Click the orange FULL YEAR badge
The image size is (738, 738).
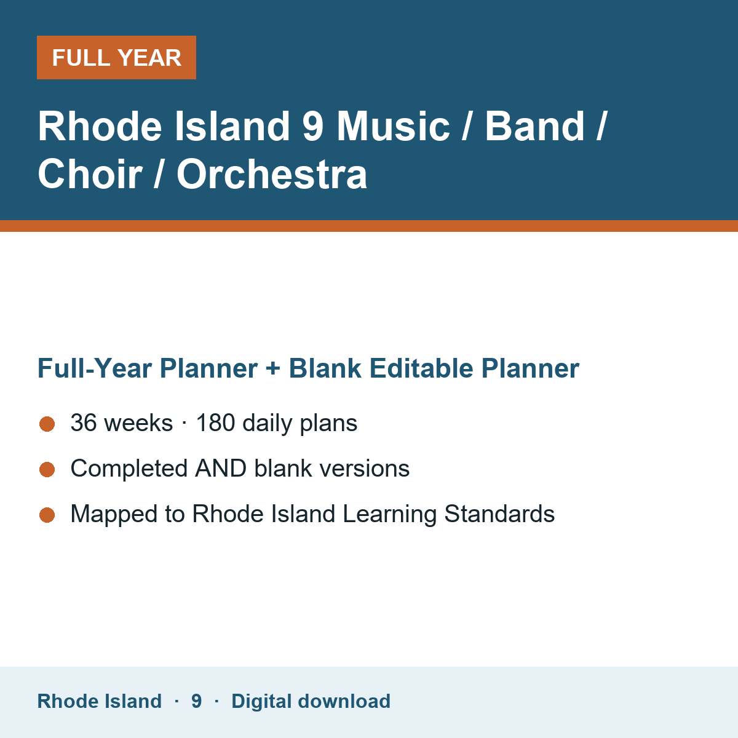click(116, 57)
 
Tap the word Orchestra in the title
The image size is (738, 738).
click(272, 174)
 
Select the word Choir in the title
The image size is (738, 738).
click(90, 174)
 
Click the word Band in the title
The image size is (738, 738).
click(535, 126)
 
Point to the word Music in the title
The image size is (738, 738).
click(394, 126)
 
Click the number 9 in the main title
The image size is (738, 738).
click(313, 126)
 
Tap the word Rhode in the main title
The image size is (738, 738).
click(100, 126)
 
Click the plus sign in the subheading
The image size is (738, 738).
click(273, 368)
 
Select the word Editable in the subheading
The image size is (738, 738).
click(421, 368)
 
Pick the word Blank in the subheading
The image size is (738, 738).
click(325, 368)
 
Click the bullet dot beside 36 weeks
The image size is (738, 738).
click(47, 424)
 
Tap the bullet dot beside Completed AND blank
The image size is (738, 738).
click(47, 469)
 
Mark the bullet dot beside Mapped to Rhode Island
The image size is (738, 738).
click(47, 515)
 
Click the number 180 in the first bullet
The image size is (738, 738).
click(216, 423)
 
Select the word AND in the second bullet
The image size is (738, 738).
click(221, 469)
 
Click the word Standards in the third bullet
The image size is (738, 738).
click(499, 514)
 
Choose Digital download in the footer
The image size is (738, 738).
click(311, 701)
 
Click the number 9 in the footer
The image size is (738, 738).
click(196, 701)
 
